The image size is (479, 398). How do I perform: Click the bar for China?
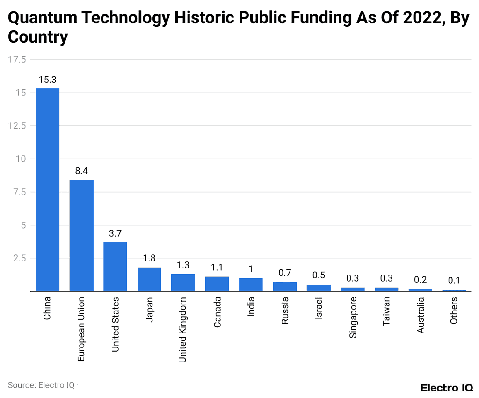tap(47, 189)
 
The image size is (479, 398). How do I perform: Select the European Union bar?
tap(81, 235)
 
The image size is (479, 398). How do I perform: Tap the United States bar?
tap(115, 267)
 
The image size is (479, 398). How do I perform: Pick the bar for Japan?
tap(149, 279)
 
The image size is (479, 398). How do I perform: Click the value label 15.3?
tap(47, 80)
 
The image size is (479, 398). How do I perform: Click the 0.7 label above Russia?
tap(285, 273)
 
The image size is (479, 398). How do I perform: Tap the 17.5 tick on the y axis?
tap(17, 59)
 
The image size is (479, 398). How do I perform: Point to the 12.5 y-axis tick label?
tap(17, 126)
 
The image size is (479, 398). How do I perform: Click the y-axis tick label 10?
tap(21, 159)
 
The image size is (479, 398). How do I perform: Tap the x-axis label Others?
tap(454, 311)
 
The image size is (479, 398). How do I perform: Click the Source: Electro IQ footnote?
tap(41, 385)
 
